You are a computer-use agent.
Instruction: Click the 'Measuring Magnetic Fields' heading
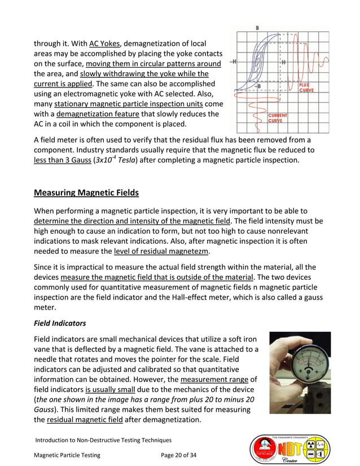pyautogui.click(x=86, y=193)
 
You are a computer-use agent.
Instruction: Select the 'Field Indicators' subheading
pyautogui.click(x=60, y=324)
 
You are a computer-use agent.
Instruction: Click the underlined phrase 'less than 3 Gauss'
pyautogui.click(x=62, y=160)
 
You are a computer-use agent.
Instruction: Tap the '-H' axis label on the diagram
pyautogui.click(x=233, y=62)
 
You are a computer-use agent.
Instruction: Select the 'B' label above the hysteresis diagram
pyautogui.click(x=257, y=28)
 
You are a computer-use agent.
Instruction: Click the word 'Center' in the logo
pyautogui.click(x=295, y=460)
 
